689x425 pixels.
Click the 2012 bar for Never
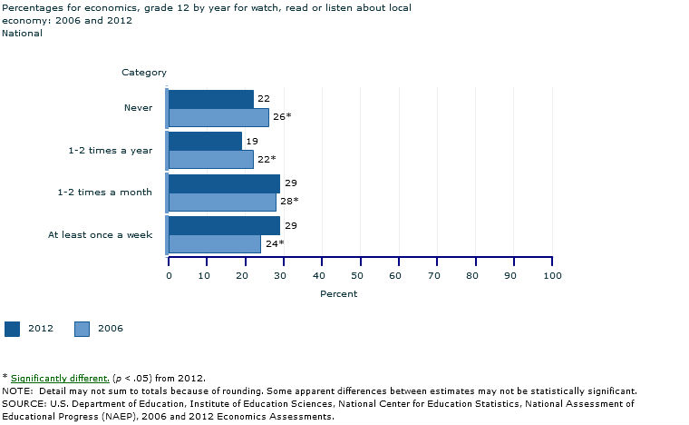[210, 99]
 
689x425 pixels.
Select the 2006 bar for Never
[218, 117]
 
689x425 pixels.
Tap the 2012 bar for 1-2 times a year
[205, 141]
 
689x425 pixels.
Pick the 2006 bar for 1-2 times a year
[210, 159]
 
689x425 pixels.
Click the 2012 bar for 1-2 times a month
[224, 183]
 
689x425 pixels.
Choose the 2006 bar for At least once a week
[214, 243]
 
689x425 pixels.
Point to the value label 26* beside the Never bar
[281, 116]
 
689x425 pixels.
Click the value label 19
[251, 141]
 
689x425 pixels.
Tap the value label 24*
[275, 243]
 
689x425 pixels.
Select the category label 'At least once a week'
[100, 235]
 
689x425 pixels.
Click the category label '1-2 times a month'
[110, 193]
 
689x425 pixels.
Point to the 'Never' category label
[138, 108]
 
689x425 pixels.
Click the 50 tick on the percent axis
[360, 274]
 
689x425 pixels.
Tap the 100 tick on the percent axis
[551, 274]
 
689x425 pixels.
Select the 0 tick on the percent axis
[169, 274]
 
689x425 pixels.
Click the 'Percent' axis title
[338, 294]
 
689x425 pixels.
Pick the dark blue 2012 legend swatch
[12, 329]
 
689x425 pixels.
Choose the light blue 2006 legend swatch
[82, 329]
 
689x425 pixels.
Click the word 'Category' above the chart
[144, 72]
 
